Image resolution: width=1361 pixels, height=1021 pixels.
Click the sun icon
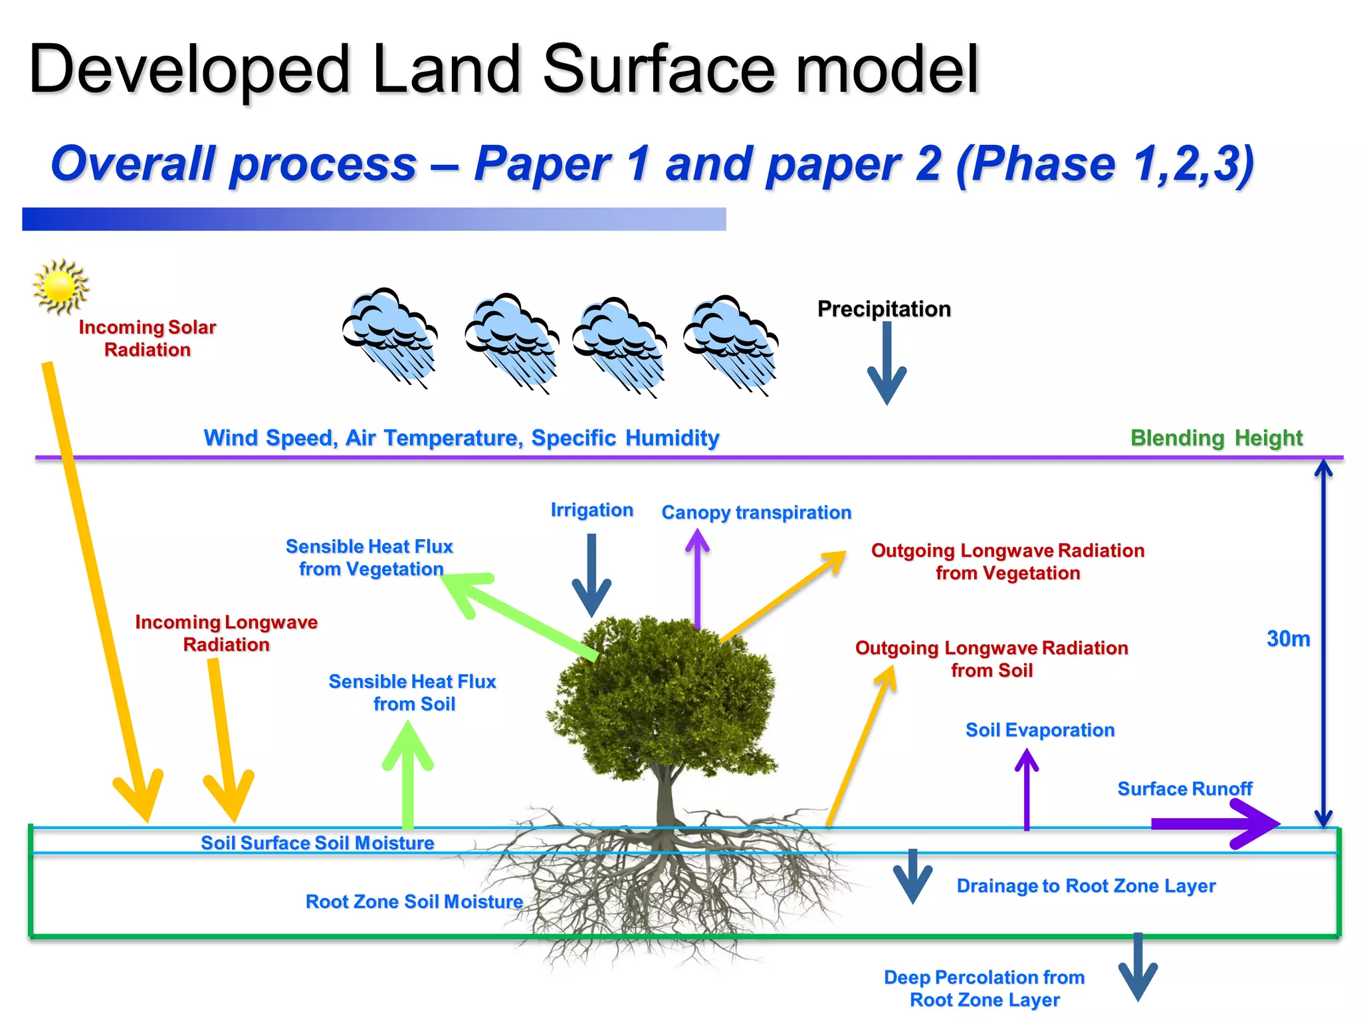(60, 286)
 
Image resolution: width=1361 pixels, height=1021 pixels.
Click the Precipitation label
(884, 309)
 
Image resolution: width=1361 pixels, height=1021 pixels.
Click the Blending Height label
(1216, 438)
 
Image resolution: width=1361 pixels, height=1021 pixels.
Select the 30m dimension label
(1288, 639)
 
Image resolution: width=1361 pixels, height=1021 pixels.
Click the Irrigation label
(591, 510)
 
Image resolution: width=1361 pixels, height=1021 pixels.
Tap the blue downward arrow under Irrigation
(591, 575)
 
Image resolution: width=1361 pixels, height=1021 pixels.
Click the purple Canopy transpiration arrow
(697, 578)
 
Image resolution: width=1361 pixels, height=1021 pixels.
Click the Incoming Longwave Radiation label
(227, 633)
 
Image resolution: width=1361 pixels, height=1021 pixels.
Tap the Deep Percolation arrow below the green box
(1138, 967)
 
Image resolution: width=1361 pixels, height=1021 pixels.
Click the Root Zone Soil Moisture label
(414, 902)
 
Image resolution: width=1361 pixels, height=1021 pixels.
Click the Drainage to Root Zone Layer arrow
(912, 876)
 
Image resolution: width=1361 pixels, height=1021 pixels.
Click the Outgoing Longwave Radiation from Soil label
(992, 659)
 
